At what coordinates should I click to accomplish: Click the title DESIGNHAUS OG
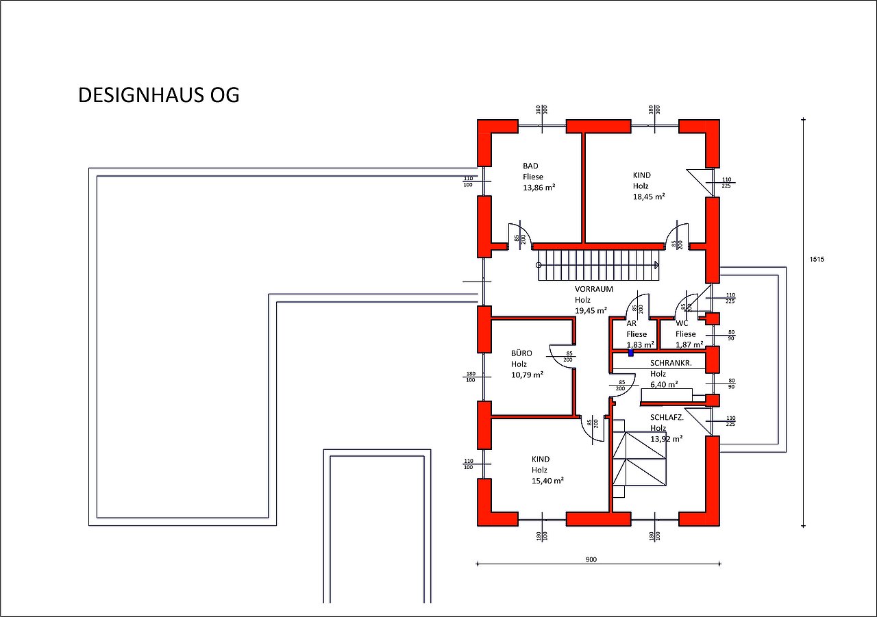[158, 95]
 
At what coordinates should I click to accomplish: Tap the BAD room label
[530, 166]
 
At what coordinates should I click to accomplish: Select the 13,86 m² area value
[539, 187]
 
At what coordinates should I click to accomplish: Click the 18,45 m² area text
[649, 197]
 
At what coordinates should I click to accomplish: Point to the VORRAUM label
[594, 289]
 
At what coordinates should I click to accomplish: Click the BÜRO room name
[521, 353]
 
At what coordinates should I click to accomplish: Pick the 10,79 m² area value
[527, 375]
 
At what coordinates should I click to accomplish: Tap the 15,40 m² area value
[547, 481]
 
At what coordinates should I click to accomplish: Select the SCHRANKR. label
[671, 363]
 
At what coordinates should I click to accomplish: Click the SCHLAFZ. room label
[667, 417]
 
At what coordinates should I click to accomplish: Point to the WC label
[682, 323]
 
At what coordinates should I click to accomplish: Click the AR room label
[631, 323]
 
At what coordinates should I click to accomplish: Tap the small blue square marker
[631, 353]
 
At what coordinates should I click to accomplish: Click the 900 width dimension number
[591, 559]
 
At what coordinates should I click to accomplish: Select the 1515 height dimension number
[816, 260]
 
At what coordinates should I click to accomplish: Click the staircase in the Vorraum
[598, 265]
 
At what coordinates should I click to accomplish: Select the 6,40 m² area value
[664, 384]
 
